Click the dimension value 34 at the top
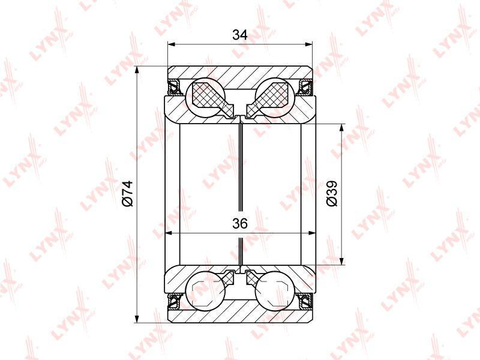(239, 35)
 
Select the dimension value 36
(239, 224)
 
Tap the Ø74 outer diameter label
(127, 193)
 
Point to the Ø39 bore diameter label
(332, 193)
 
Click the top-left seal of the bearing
(174, 87)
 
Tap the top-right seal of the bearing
(306, 87)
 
